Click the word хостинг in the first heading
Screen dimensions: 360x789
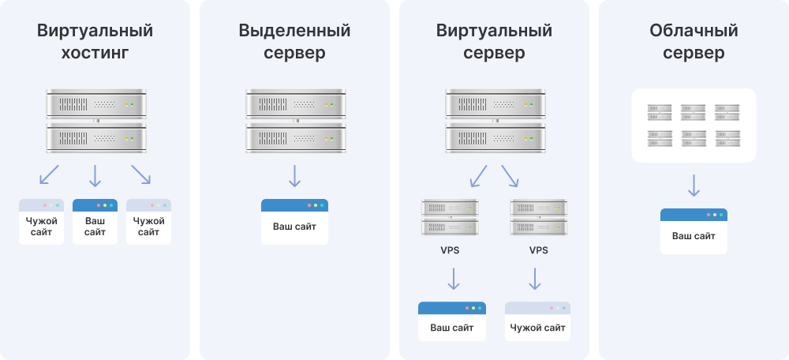point(95,54)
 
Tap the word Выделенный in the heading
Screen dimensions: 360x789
point(294,32)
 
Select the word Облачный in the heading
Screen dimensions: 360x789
point(694,32)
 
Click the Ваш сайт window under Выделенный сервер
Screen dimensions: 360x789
point(294,221)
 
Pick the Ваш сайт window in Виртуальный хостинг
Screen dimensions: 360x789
point(95,221)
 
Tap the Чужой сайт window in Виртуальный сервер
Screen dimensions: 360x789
point(537,321)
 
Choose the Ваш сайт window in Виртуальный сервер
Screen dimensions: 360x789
point(452,321)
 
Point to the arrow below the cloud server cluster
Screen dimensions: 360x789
point(694,186)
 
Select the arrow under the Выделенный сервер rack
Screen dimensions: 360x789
point(294,175)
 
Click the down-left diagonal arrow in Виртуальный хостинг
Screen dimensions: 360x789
point(49,174)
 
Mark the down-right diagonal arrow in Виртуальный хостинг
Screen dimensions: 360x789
point(140,174)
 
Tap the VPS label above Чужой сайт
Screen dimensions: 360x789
point(538,251)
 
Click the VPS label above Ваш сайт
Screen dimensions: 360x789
point(450,251)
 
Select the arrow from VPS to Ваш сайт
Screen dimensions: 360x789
point(453,279)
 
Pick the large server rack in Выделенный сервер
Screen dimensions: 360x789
point(294,121)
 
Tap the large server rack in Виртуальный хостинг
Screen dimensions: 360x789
point(95,121)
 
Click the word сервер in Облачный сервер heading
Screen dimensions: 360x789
point(694,54)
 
